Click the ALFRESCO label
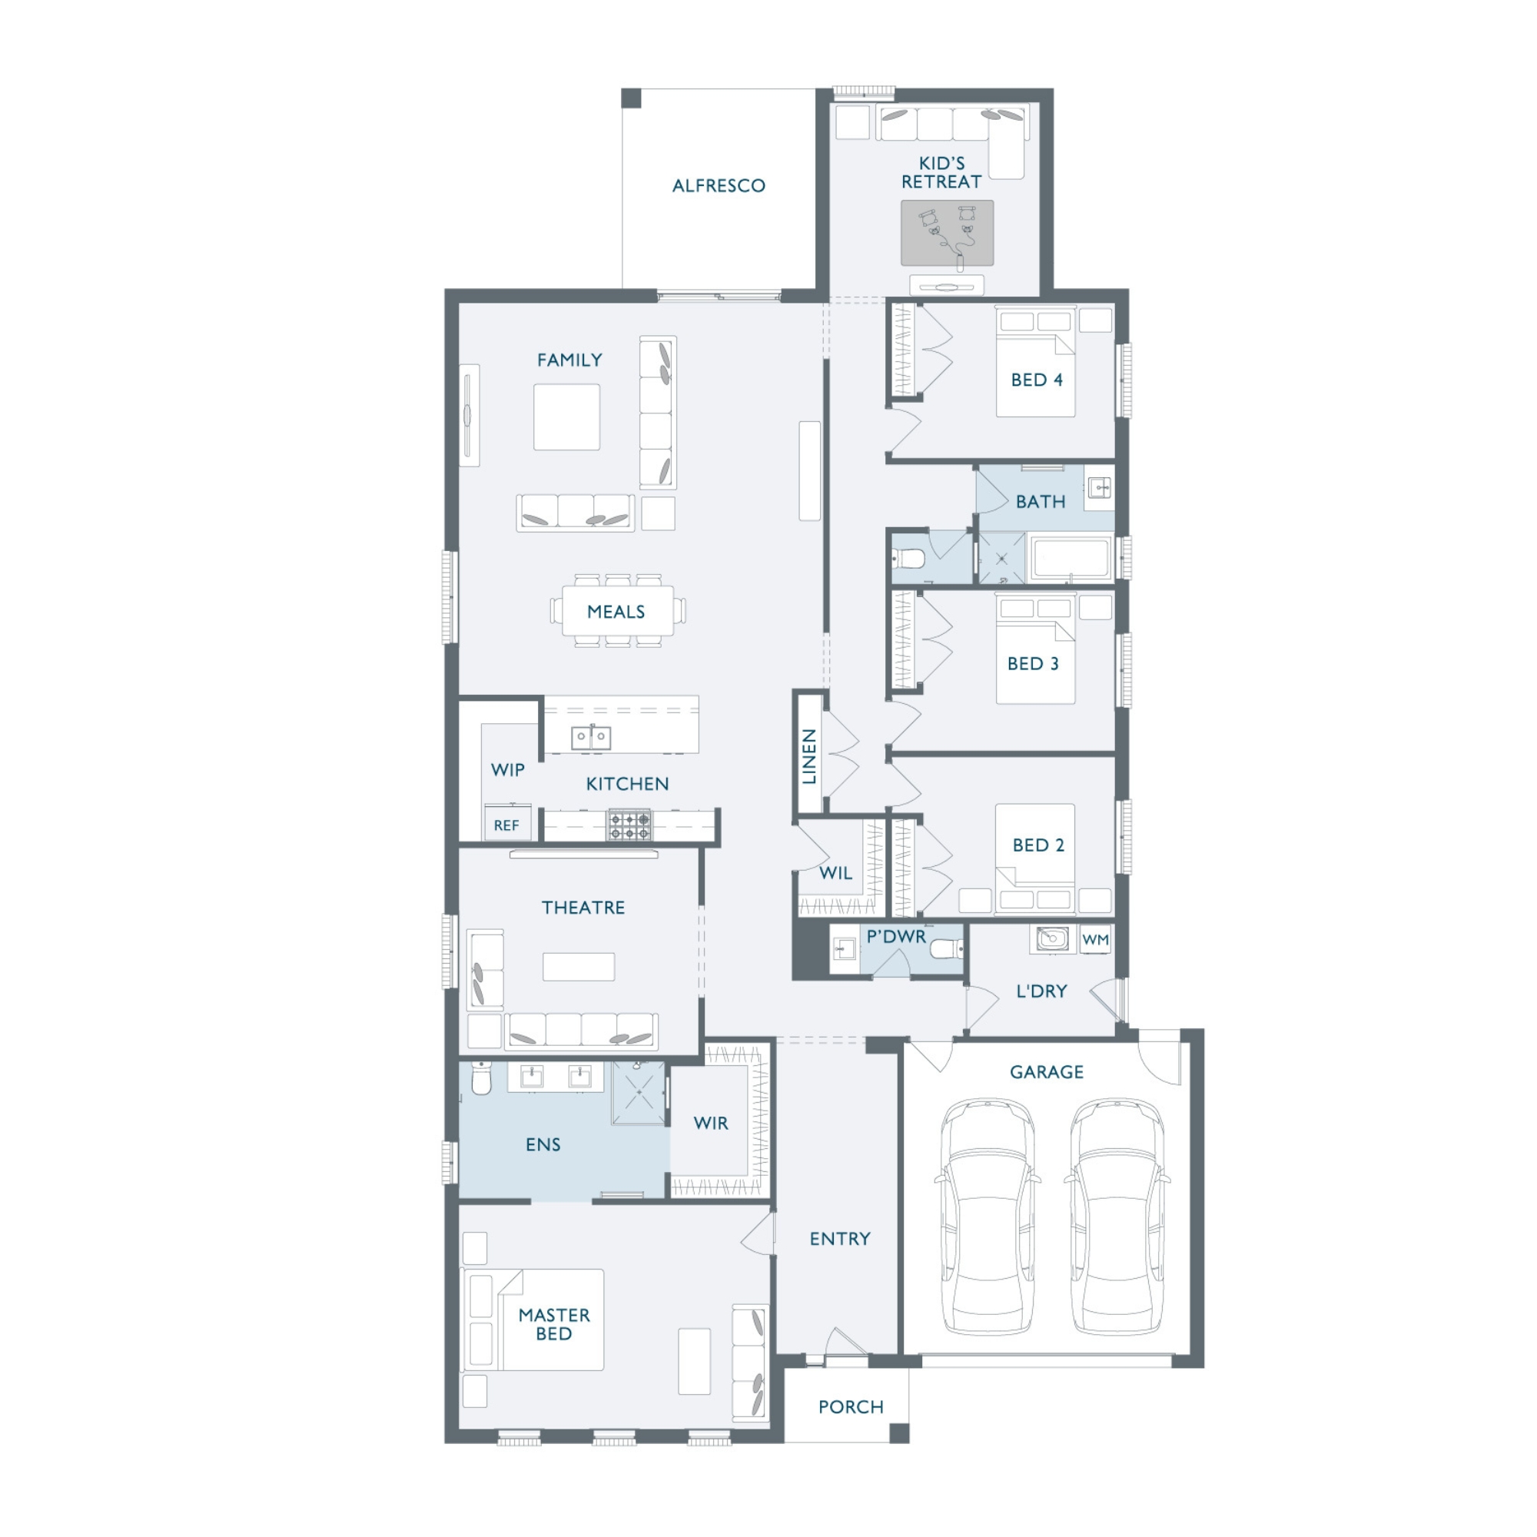(719, 185)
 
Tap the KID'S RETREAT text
(941, 173)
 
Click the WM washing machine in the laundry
(1095, 940)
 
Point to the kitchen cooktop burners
(630, 825)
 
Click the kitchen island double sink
(591, 737)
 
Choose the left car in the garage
(987, 1217)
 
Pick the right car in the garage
(1117, 1217)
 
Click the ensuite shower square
(639, 1093)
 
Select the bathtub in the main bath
(1071, 558)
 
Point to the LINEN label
(809, 755)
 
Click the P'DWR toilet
(947, 949)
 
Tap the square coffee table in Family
(566, 417)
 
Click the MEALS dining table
(617, 611)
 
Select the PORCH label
(851, 1406)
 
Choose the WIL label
(836, 873)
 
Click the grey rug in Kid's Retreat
(948, 232)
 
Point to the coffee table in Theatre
(579, 967)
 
